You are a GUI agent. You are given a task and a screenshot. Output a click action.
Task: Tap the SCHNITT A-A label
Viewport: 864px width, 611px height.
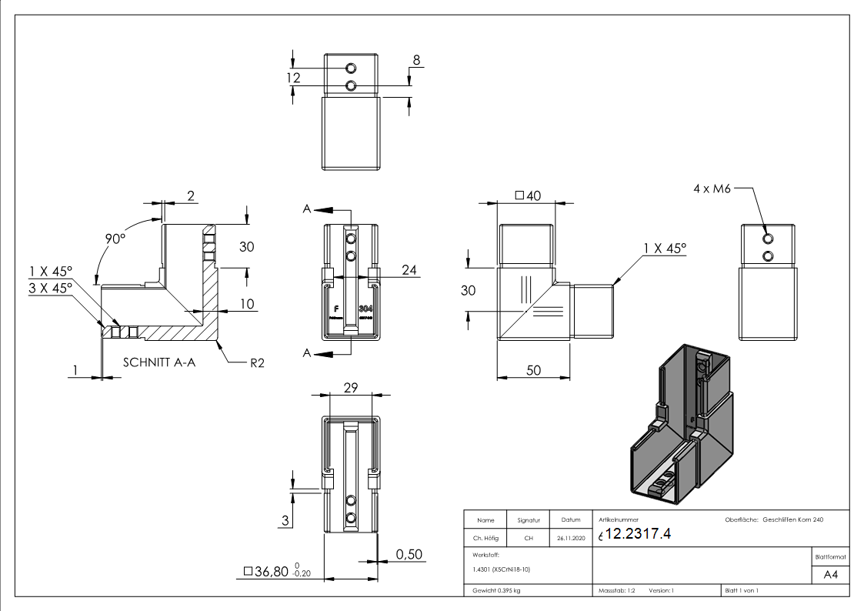coord(159,362)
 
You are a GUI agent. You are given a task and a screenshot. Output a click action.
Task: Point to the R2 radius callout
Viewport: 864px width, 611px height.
coord(256,362)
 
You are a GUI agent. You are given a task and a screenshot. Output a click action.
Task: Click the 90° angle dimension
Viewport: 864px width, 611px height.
coord(115,239)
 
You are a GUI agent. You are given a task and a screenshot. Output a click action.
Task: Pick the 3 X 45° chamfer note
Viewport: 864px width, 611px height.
coord(50,287)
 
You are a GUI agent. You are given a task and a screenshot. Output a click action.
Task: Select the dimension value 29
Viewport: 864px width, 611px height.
coord(350,389)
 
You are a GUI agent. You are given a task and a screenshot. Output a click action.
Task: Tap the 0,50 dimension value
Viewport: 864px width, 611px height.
coord(409,555)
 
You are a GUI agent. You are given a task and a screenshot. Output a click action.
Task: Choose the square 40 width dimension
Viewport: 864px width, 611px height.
coord(529,195)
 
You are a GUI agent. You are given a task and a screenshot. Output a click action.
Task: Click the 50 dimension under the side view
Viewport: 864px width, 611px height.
coord(532,370)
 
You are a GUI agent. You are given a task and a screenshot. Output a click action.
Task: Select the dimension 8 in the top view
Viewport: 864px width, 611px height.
coord(416,60)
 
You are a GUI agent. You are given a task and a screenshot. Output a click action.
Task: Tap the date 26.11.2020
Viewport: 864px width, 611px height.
coord(571,538)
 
